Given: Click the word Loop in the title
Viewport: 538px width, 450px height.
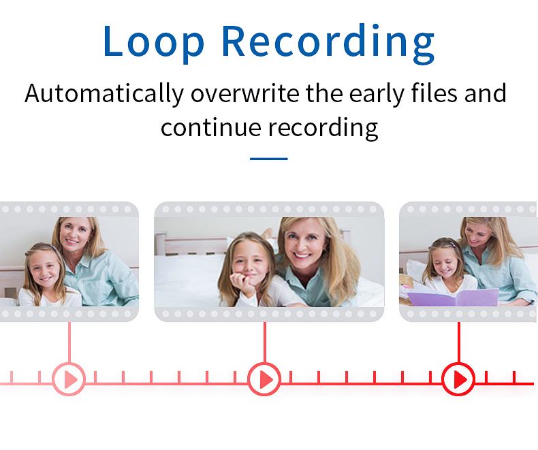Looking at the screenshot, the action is tap(154, 40).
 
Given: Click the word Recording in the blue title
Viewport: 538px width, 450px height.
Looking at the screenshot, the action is tap(328, 43).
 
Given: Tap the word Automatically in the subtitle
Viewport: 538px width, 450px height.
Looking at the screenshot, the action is tap(104, 94).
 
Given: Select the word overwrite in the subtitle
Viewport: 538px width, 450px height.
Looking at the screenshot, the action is tap(245, 93).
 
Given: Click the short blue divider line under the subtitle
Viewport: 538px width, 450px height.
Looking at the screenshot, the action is tap(268, 159).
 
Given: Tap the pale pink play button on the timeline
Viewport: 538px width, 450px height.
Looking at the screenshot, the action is tap(69, 379).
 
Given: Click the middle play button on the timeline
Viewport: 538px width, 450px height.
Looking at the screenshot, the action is tap(264, 379).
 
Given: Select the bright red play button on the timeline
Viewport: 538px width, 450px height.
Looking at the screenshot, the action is tap(458, 379).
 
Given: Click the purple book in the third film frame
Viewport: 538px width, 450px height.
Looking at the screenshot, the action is tap(453, 297).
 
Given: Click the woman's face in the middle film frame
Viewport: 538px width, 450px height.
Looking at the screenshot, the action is tap(301, 244).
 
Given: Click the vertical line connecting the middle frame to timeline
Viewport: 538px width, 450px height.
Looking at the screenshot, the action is tap(264, 342).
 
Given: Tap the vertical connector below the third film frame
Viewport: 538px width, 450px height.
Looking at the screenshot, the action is tap(459, 342).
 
